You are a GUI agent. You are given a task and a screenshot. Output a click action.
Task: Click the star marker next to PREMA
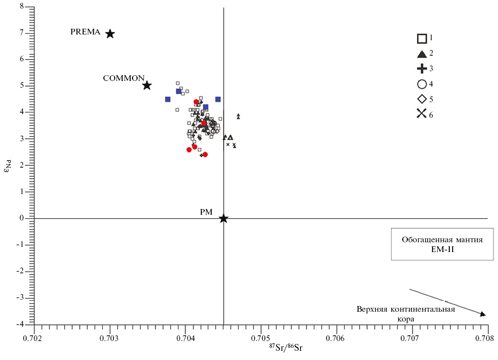(110, 34)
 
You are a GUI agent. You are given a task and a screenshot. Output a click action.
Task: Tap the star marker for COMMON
(147, 85)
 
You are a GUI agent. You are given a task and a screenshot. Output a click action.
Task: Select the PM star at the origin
(223, 218)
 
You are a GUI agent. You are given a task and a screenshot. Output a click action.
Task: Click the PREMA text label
(85, 32)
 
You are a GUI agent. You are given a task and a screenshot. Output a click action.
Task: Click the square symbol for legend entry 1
(422, 38)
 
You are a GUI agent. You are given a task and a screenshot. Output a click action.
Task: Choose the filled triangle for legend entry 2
(422, 54)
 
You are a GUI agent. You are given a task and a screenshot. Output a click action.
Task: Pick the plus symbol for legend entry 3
(422, 69)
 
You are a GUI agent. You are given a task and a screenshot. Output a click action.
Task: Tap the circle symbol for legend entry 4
(422, 84)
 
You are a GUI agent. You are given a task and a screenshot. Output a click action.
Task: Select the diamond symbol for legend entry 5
(422, 99)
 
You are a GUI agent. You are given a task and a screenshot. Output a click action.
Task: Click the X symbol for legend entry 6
(422, 113)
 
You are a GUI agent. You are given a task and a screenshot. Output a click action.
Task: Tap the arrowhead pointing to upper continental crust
(483, 313)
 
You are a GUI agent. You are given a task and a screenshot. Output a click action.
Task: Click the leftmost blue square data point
(168, 99)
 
